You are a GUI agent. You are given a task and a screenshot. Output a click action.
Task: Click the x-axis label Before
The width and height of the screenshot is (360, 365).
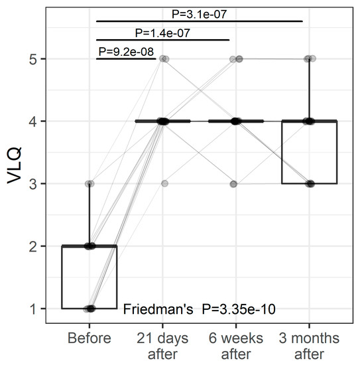pos(90,338)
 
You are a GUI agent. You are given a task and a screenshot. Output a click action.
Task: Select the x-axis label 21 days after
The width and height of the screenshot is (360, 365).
pos(162,345)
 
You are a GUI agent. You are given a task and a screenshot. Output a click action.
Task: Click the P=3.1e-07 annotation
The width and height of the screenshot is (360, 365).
pos(200,12)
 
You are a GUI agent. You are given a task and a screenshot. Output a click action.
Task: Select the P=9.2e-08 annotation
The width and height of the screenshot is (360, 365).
pos(127,50)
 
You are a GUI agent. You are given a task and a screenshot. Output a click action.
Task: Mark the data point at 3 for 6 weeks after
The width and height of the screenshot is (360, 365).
pos(233,184)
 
